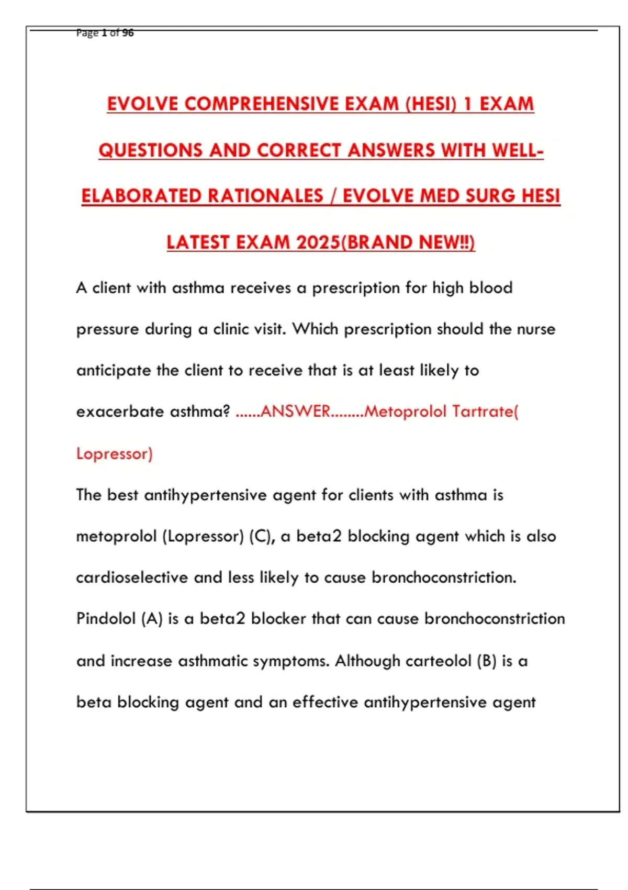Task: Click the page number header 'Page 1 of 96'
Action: click(105, 33)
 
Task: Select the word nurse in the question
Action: click(536, 329)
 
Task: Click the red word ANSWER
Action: click(295, 411)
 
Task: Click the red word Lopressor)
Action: click(114, 453)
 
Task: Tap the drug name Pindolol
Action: click(105, 619)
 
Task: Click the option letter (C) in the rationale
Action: click(262, 536)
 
